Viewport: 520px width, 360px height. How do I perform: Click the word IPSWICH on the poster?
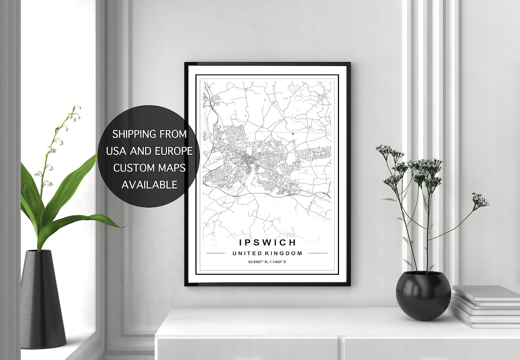267,242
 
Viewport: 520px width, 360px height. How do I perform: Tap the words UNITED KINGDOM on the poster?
267,253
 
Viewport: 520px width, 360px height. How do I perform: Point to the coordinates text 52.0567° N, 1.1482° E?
267,262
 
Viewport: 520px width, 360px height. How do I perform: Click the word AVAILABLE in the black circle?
149,184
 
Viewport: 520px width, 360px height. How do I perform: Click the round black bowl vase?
423,296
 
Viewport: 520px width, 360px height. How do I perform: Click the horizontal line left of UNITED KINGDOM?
215,253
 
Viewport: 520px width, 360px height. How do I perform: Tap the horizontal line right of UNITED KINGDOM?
318,253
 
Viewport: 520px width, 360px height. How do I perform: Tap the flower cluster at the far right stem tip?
480,200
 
